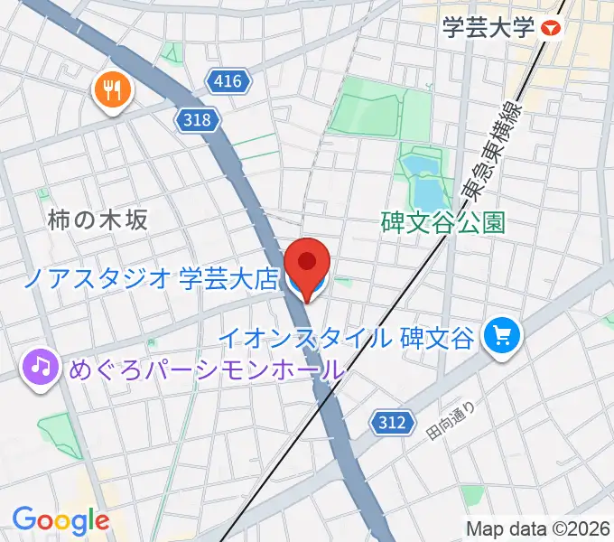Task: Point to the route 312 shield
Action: tap(393, 421)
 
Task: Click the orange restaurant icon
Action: tap(113, 89)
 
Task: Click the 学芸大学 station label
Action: tap(488, 29)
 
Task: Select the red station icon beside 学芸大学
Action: tap(551, 29)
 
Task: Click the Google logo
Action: tap(60, 519)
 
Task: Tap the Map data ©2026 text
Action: tap(538, 528)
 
